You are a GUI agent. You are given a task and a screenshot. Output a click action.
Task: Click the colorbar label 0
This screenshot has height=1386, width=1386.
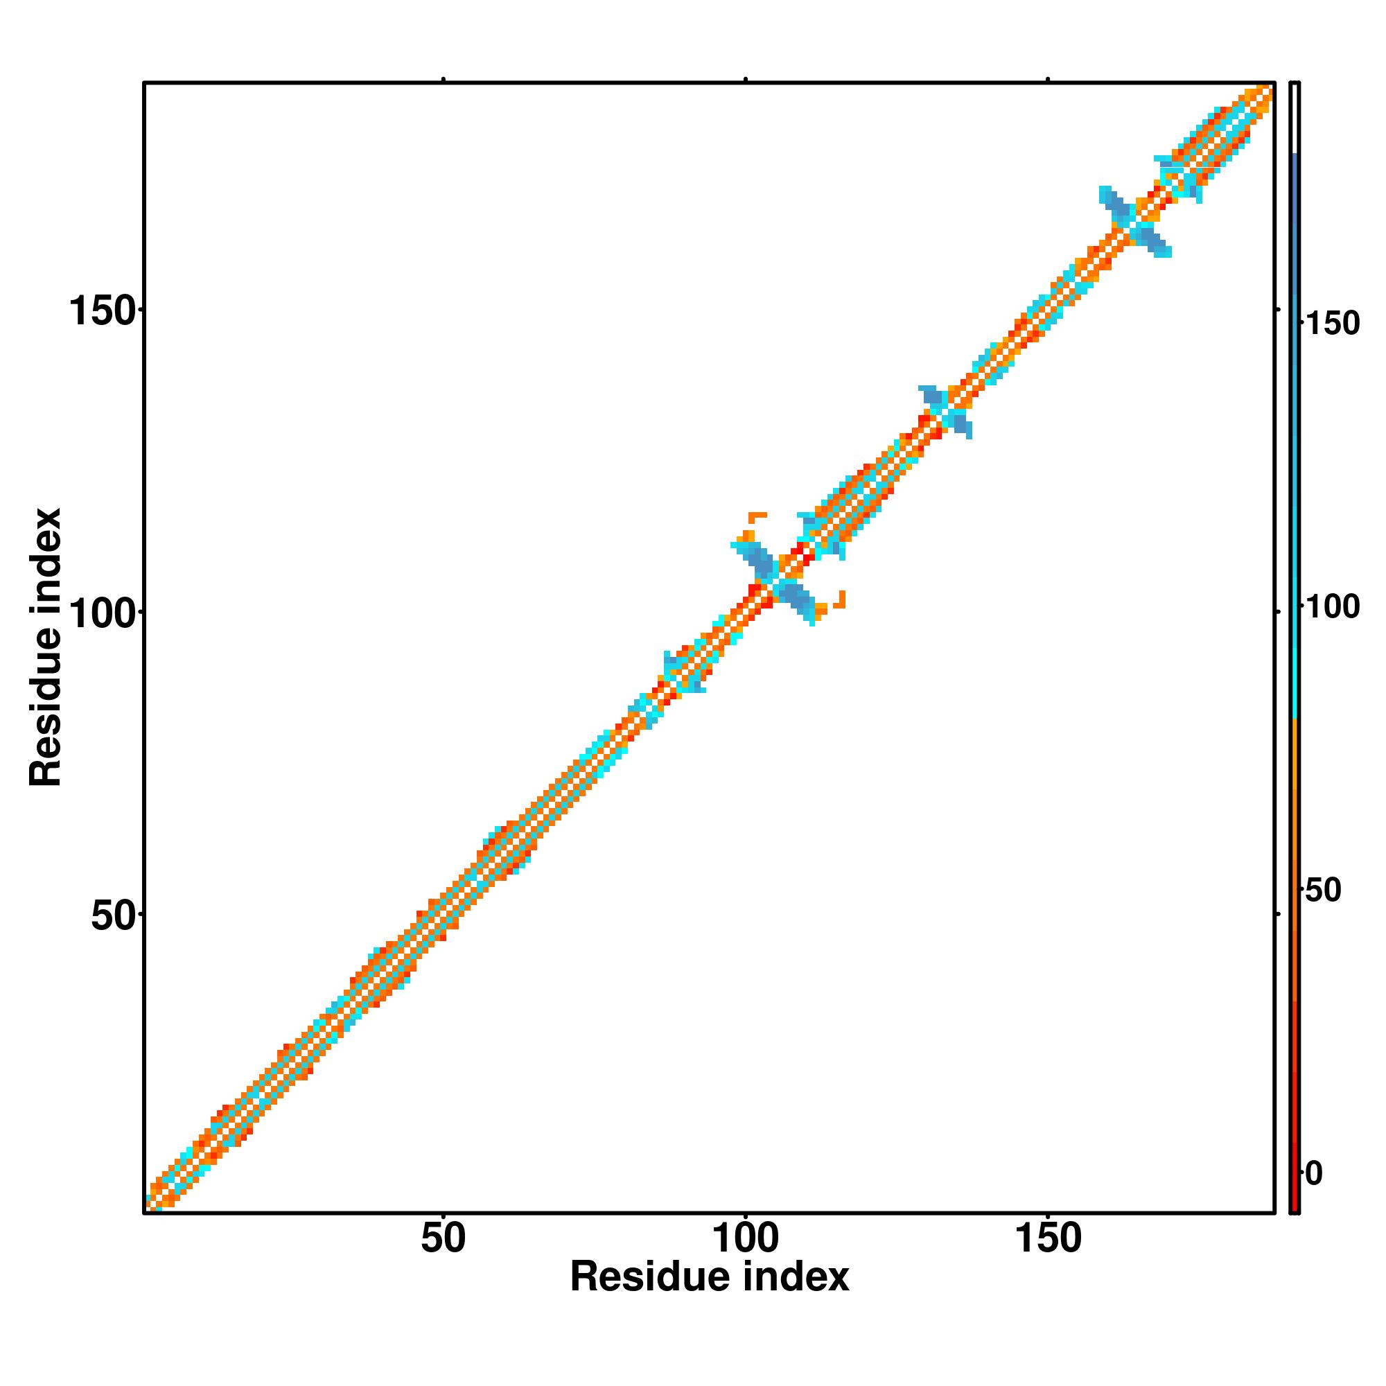click(x=1313, y=1175)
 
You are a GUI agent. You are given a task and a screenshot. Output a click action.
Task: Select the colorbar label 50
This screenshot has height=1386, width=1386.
click(x=1322, y=891)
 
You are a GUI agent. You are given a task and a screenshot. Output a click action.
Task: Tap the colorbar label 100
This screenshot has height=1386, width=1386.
click(x=1331, y=608)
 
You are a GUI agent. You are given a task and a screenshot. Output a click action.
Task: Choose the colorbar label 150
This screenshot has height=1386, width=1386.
click(x=1331, y=324)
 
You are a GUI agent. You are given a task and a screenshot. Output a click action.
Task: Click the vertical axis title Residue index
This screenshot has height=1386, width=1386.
click(x=46, y=647)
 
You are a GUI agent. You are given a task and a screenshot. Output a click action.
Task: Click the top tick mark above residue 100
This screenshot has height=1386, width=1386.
click(x=746, y=79)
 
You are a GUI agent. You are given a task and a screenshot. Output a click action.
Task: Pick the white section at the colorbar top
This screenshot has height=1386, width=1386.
click(x=1294, y=119)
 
